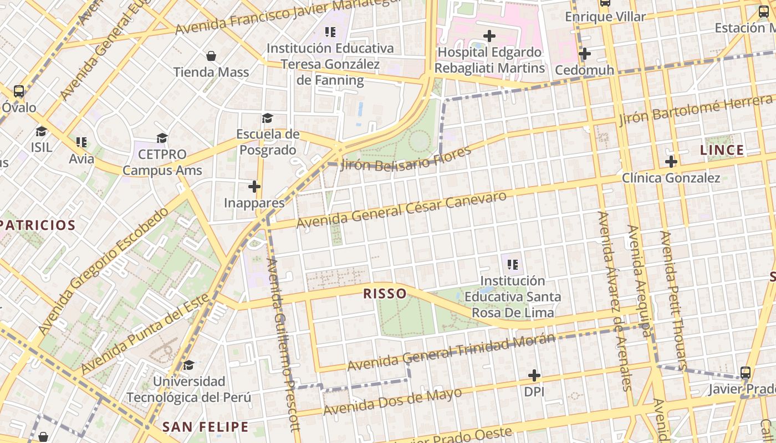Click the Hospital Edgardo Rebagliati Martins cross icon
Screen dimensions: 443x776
pyautogui.click(x=489, y=37)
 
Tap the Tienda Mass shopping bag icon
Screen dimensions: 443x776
pyautogui.click(x=211, y=56)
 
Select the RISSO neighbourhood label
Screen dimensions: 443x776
pyautogui.click(x=385, y=293)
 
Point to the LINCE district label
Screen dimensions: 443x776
pyautogui.click(x=722, y=150)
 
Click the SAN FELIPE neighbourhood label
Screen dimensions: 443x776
pyautogui.click(x=205, y=426)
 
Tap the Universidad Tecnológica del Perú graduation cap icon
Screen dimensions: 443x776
pyautogui.click(x=189, y=365)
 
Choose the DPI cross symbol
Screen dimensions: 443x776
pyautogui.click(x=534, y=375)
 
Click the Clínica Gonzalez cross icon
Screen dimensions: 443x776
pyautogui.click(x=671, y=162)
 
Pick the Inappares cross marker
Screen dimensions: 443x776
pyautogui.click(x=254, y=187)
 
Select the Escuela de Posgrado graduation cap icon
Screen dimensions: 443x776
pyautogui.click(x=267, y=118)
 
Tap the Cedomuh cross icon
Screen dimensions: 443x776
pyautogui.click(x=584, y=54)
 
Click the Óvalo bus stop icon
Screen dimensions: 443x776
pyautogui.click(x=19, y=91)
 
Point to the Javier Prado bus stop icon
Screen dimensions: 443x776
pyautogui.click(x=746, y=373)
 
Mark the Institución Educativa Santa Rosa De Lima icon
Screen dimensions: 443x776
pyautogui.click(x=513, y=265)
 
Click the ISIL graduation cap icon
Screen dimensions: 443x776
pyautogui.click(x=42, y=131)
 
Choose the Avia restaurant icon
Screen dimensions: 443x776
pyautogui.click(x=81, y=142)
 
